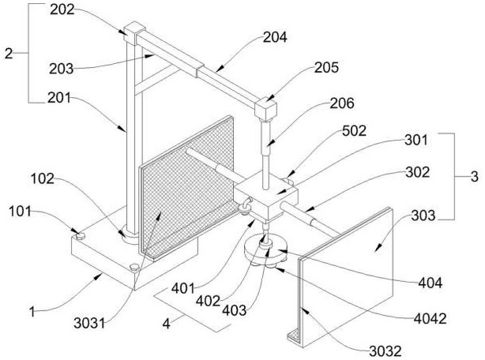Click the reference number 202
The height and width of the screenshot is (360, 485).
62,10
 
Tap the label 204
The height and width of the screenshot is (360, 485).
275,37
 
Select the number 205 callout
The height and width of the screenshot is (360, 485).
327,68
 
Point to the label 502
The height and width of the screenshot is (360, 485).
354,131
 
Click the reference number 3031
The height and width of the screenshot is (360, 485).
90,323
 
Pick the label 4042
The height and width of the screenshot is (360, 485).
430,319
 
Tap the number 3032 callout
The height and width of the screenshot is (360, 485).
385,351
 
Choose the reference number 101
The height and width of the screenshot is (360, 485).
20,212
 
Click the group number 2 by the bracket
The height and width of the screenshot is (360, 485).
9,54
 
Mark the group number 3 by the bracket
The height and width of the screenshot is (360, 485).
475,177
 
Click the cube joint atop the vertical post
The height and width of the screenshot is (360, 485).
134,32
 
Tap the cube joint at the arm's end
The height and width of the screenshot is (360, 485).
265,110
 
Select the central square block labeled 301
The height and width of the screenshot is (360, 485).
266,196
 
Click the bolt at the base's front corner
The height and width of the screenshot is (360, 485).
134,268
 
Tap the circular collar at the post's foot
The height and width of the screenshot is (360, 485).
130,235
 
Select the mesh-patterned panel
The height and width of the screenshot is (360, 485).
186,188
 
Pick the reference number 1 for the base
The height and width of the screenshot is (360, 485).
32,312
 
